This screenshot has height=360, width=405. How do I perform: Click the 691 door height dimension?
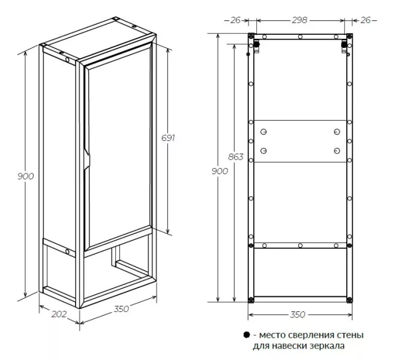click(x=168, y=138)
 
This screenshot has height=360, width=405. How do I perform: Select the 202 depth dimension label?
click(x=59, y=314)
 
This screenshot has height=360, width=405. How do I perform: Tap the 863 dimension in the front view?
click(x=236, y=157)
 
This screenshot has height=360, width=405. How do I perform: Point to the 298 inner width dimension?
click(x=299, y=20)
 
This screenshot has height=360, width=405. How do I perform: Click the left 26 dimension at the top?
click(x=235, y=20)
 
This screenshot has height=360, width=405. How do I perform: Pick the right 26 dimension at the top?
click(x=365, y=20)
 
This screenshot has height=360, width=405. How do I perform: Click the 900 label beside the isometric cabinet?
click(x=26, y=176)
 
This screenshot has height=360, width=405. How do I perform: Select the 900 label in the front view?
click(x=220, y=171)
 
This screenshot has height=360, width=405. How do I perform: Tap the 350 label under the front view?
click(x=298, y=314)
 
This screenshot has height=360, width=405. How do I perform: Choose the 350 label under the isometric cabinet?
click(x=121, y=309)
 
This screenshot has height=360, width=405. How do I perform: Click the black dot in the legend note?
click(x=247, y=335)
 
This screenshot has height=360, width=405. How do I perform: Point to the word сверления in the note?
click(x=311, y=335)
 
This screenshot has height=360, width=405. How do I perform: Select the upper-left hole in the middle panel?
click(x=263, y=132)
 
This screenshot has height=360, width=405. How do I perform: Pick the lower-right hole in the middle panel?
click(x=337, y=151)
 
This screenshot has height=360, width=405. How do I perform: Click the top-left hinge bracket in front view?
click(x=256, y=46)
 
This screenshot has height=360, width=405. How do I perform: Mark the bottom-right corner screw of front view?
click(x=349, y=300)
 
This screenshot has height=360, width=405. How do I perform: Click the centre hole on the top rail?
click(x=300, y=37)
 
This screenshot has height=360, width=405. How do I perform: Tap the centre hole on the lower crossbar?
click(x=300, y=245)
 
